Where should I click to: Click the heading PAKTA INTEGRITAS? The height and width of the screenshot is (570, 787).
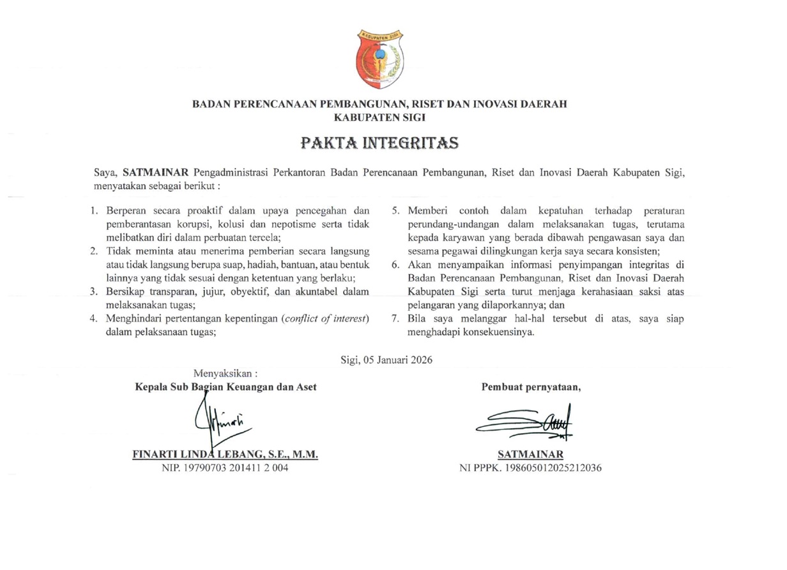pyautogui.click(x=380, y=142)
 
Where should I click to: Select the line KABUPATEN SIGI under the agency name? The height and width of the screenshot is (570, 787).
pyautogui.click(x=380, y=117)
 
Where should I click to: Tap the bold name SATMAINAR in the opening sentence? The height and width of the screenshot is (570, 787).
pyautogui.click(x=153, y=173)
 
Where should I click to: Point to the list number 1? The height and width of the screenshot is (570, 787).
pyautogui.click(x=94, y=210)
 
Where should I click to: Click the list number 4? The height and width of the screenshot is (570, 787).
pyautogui.click(x=93, y=319)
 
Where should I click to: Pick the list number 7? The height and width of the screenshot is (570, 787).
pyautogui.click(x=395, y=319)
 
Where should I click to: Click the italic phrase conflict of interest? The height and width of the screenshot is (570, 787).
pyautogui.click(x=325, y=319)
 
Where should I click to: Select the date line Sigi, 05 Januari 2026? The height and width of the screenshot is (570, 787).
pyautogui.click(x=387, y=360)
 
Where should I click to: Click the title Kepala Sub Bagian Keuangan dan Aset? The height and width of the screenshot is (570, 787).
pyautogui.click(x=225, y=387)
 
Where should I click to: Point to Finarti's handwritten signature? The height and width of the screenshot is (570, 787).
pyautogui.click(x=220, y=422)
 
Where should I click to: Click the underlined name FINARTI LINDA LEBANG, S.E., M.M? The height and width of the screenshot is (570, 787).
pyautogui.click(x=225, y=454)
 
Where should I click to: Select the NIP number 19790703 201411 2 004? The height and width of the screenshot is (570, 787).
pyautogui.click(x=225, y=468)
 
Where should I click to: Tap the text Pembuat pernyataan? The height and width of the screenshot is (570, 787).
pyautogui.click(x=531, y=387)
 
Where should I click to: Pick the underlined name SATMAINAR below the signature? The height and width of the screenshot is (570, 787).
pyautogui.click(x=530, y=454)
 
